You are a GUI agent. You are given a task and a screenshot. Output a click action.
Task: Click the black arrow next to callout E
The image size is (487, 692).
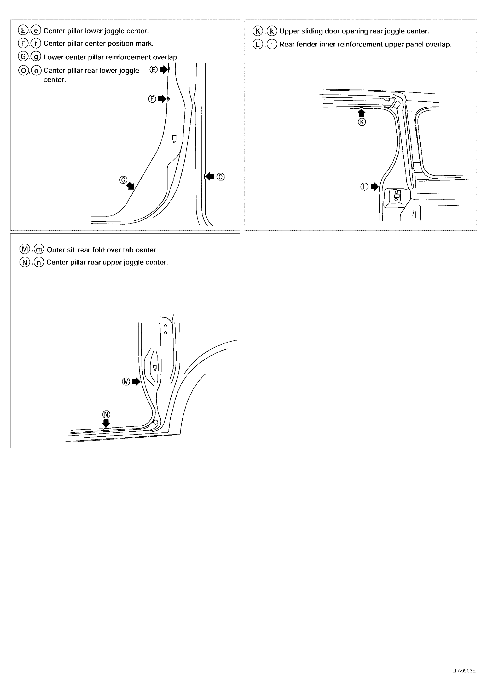[163, 70]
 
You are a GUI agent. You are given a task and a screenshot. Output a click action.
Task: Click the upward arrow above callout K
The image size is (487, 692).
[361, 113]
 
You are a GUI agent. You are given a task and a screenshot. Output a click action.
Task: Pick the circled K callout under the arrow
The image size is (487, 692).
[362, 122]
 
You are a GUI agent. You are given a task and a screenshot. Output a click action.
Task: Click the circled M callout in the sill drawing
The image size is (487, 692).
[126, 382]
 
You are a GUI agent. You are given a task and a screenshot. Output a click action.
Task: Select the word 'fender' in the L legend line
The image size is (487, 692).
[305, 45]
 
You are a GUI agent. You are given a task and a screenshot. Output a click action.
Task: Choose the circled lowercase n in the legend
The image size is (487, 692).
[39, 262]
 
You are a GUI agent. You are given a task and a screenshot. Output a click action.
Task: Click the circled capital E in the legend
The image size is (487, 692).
[23, 31]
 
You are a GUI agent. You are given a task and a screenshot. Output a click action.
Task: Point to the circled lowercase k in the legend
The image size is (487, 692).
[272, 31]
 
